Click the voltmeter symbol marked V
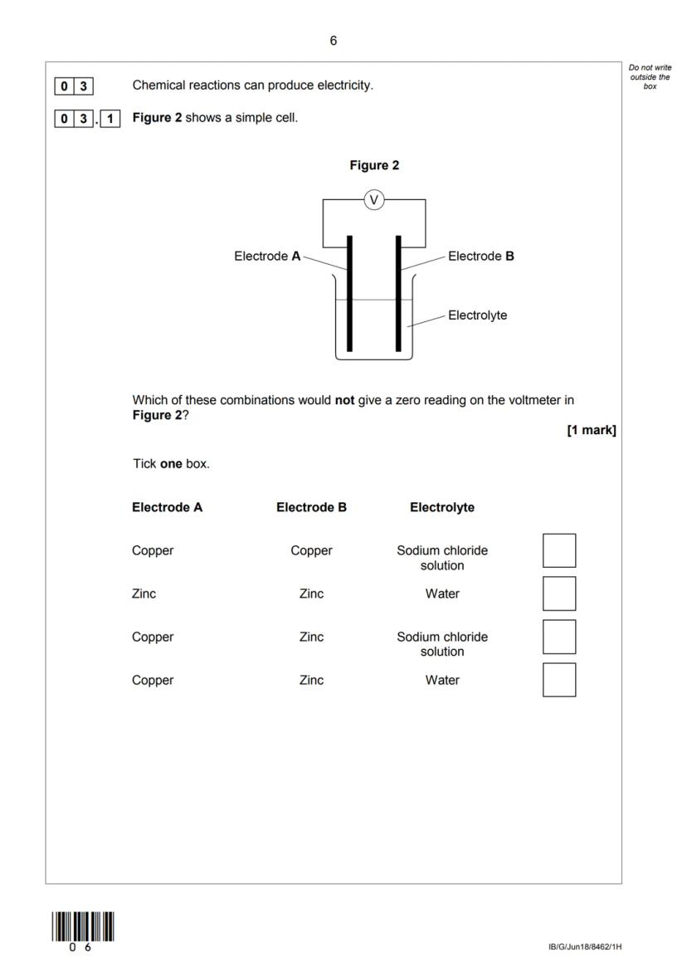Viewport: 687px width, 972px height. (x=374, y=199)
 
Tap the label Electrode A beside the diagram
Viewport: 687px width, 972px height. (x=267, y=256)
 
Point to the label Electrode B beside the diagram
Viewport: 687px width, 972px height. (x=480, y=256)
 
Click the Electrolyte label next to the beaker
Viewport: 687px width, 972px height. (x=477, y=315)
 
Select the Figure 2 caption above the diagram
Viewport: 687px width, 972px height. (x=374, y=165)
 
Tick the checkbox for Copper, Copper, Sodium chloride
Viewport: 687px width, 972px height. (x=558, y=550)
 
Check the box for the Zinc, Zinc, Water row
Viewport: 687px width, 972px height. (x=558, y=593)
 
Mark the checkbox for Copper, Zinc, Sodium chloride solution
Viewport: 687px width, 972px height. (x=558, y=637)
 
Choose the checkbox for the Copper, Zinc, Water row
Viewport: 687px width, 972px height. (x=558, y=680)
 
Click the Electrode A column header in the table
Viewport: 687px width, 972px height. (x=167, y=507)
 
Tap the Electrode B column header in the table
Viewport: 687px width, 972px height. (x=311, y=507)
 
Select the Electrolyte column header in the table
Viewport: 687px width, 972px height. (x=441, y=507)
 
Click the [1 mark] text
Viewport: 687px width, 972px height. (x=591, y=430)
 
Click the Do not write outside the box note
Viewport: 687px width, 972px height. (x=650, y=76)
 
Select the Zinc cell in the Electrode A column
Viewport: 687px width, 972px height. (x=144, y=593)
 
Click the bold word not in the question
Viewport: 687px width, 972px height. (x=344, y=400)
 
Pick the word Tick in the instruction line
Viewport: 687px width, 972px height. (x=144, y=463)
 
